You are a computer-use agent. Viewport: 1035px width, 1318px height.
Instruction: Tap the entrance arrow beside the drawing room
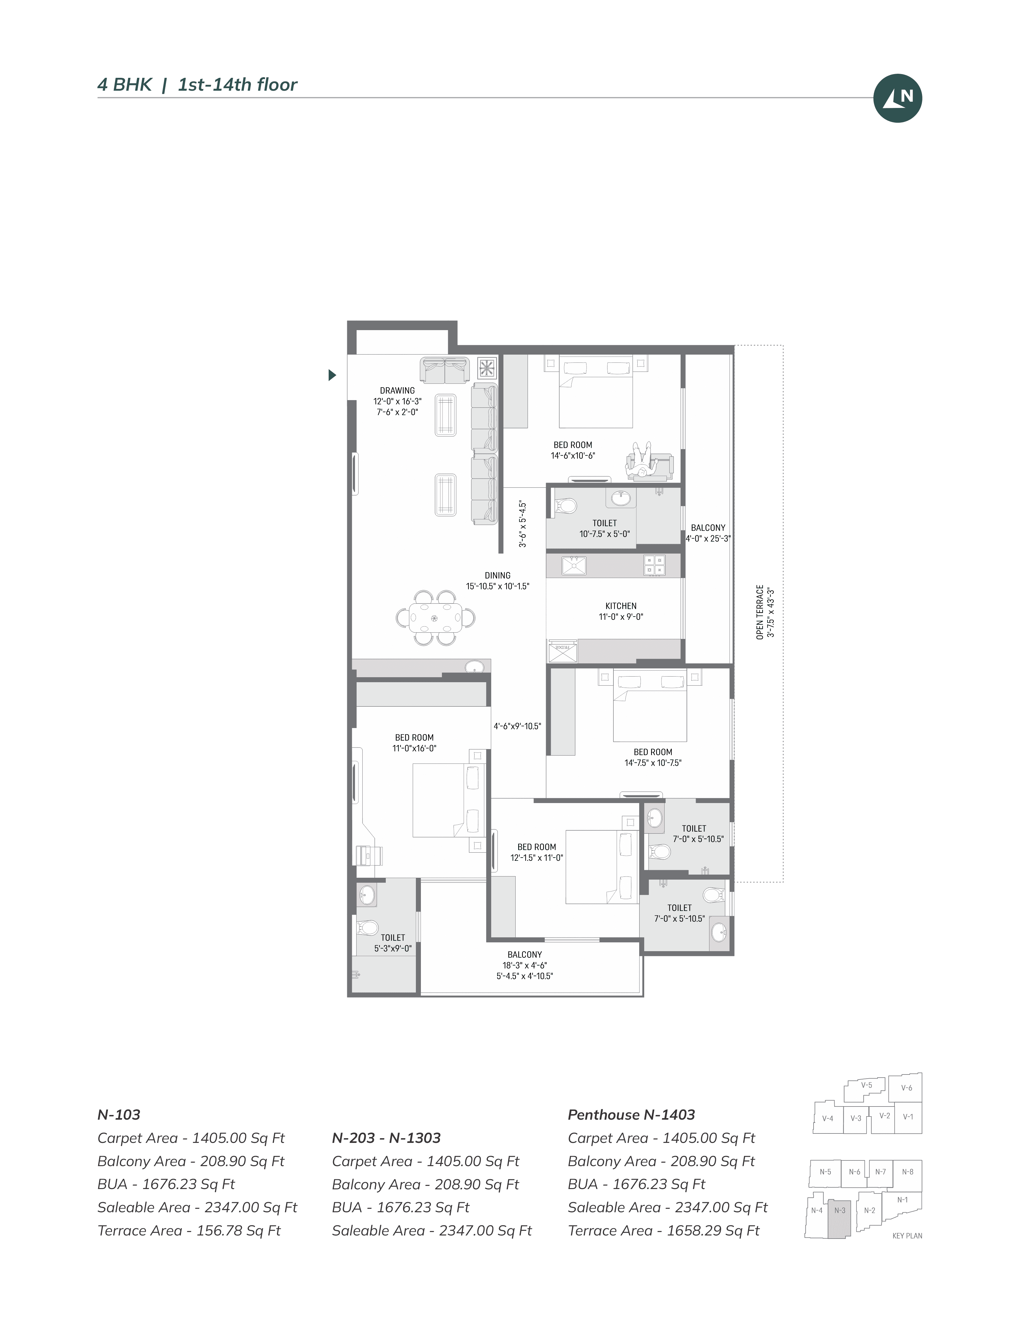tap(332, 375)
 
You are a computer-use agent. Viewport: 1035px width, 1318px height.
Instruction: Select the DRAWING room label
tap(397, 390)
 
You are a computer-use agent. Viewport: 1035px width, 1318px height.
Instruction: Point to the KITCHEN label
tap(621, 606)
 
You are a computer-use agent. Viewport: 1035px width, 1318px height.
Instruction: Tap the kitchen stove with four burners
tap(655, 565)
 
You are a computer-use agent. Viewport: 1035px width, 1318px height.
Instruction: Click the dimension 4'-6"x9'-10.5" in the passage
tap(517, 726)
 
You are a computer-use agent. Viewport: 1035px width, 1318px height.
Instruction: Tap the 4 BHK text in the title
tap(125, 85)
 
